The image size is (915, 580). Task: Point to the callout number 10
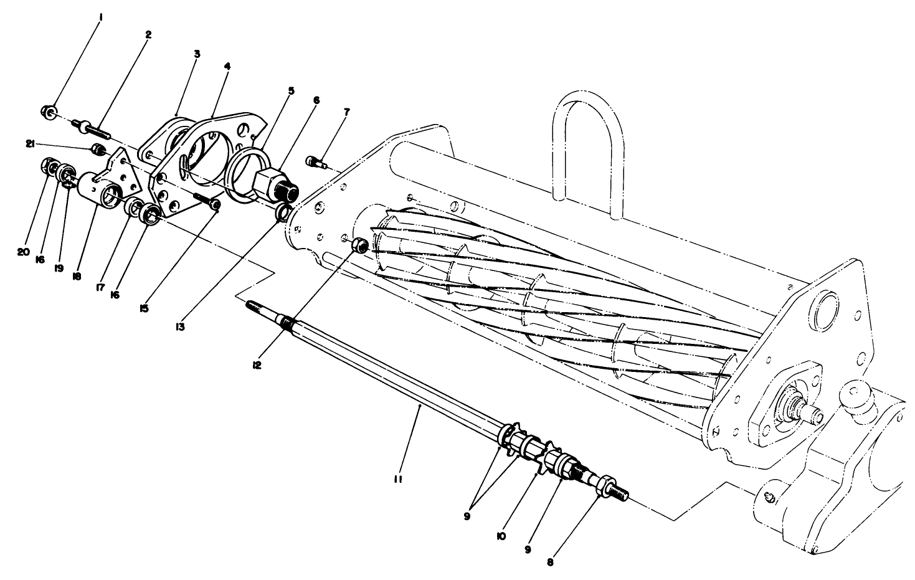coord(501,535)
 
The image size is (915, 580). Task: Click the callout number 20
coord(23,252)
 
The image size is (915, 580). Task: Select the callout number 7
coord(346,112)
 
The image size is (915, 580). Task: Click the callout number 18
coord(77,276)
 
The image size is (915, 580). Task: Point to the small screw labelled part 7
coord(315,162)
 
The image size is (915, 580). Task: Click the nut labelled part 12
coord(359,245)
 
